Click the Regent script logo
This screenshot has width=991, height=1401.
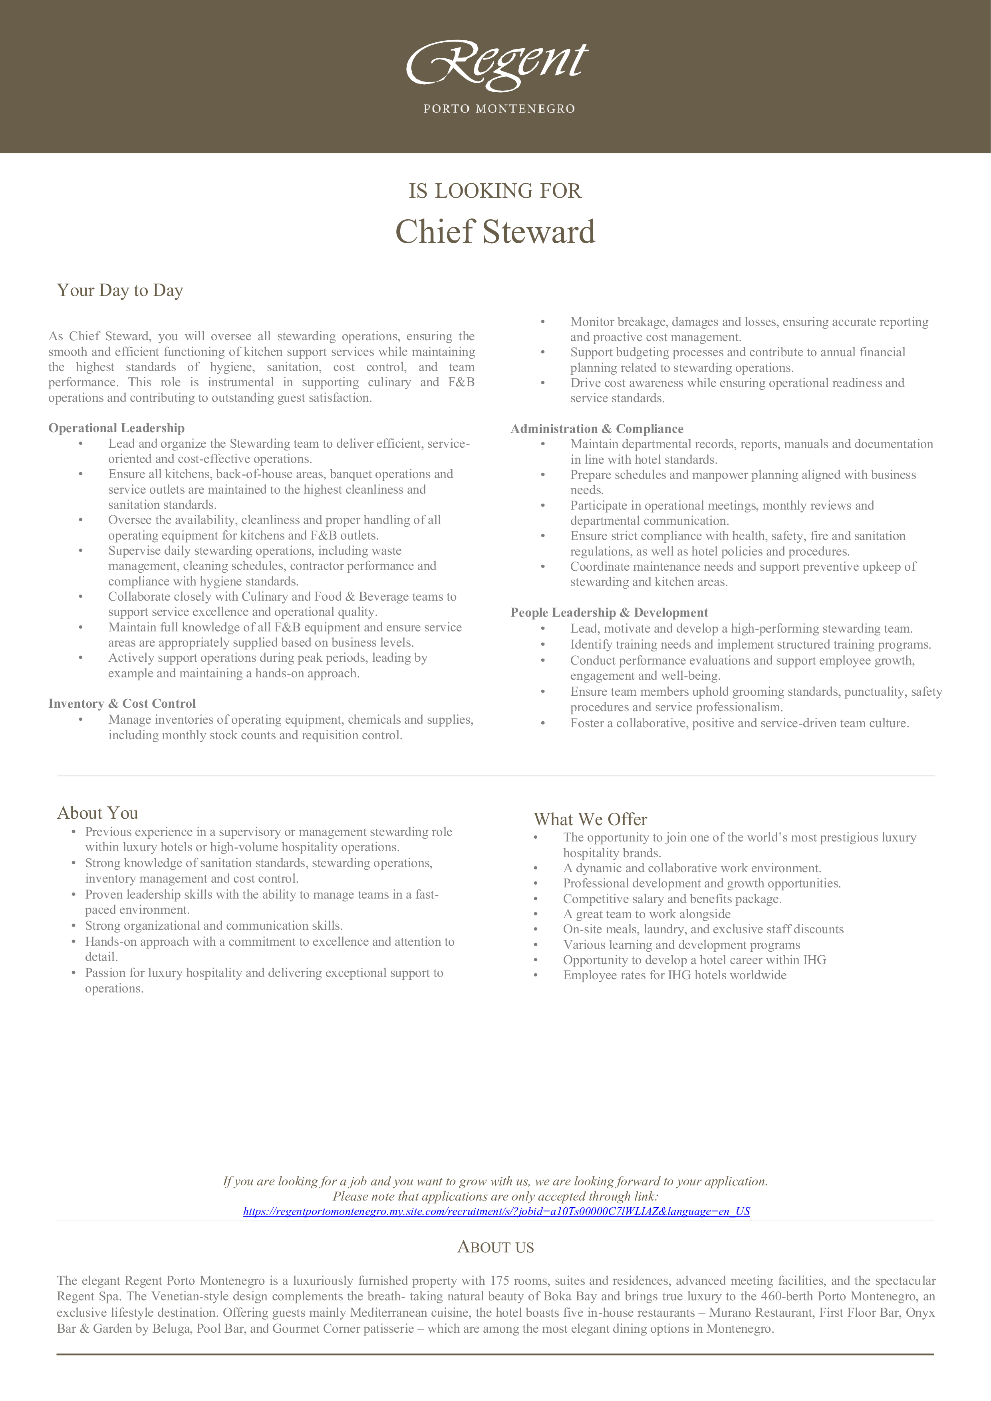(x=497, y=63)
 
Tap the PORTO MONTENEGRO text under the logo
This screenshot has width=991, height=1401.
(x=498, y=109)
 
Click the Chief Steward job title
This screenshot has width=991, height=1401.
(x=495, y=232)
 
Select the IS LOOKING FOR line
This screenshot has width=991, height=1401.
(x=495, y=191)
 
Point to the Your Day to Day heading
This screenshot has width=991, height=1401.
(x=120, y=290)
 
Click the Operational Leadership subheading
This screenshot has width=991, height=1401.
(x=117, y=428)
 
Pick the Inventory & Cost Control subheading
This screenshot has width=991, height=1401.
(x=122, y=704)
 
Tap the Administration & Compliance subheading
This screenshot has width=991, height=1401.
(x=597, y=429)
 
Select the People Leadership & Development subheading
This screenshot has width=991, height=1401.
(x=609, y=613)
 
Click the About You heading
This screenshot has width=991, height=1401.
(x=97, y=813)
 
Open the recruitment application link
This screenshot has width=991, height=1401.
(x=496, y=1211)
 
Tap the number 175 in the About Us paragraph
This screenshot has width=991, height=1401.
(x=499, y=1281)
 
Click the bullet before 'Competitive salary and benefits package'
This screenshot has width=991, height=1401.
(x=536, y=899)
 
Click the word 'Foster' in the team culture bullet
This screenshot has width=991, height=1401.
(x=588, y=723)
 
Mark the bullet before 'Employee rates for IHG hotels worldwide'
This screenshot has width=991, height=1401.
(x=536, y=976)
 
